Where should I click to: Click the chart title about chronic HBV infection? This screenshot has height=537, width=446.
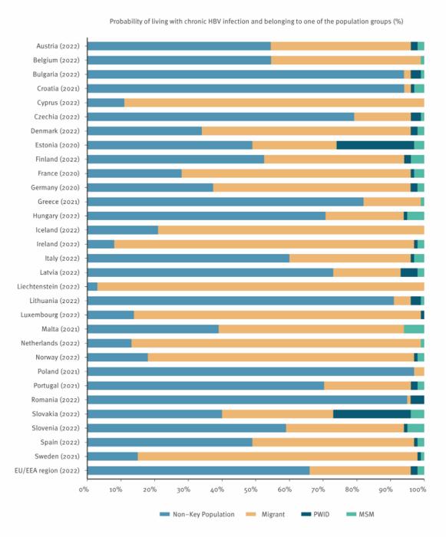point(256,21)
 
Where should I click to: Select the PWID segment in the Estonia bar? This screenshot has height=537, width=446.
point(375,145)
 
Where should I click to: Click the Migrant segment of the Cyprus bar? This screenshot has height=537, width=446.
point(273,103)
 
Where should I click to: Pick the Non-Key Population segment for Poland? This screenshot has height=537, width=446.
point(250,371)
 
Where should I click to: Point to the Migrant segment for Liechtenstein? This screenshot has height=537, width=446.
point(260,286)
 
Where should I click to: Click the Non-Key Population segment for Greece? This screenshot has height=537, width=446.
point(226,202)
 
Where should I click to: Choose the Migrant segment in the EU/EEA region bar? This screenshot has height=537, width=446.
point(360,470)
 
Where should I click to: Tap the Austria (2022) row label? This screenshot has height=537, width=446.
point(58,46)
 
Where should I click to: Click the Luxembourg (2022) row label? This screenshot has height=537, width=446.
point(53,315)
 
